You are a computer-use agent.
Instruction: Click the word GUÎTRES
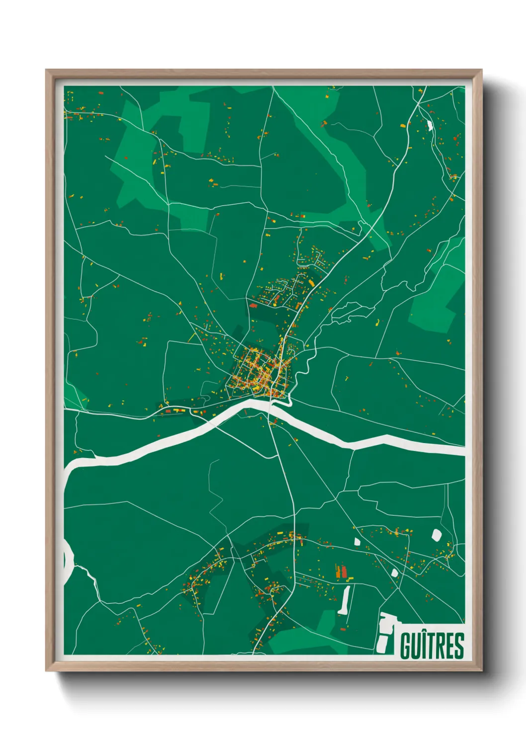click(x=432, y=645)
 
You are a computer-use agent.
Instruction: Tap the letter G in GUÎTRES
click(x=405, y=645)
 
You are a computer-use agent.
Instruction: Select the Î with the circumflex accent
click(x=424, y=645)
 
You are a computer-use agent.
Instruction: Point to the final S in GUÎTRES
click(x=459, y=645)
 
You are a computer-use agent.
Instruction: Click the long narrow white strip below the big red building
click(x=345, y=599)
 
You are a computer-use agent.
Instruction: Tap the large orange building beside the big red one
click(x=338, y=571)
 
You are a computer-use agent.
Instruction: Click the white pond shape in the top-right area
click(x=429, y=125)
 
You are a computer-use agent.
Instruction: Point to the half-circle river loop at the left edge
click(x=69, y=561)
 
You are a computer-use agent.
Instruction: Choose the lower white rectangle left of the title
click(x=384, y=643)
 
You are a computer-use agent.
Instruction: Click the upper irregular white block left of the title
click(x=387, y=622)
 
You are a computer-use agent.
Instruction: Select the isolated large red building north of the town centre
click(x=253, y=306)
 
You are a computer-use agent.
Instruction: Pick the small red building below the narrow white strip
click(x=343, y=629)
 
